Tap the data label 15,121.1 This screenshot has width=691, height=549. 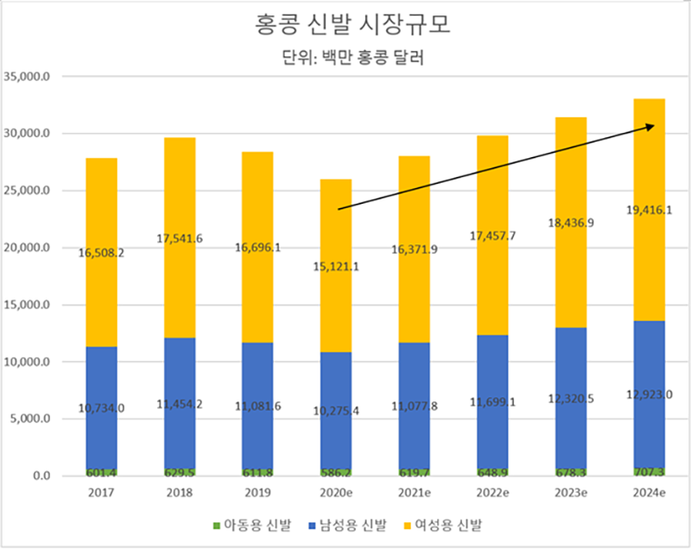coord(336,266)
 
